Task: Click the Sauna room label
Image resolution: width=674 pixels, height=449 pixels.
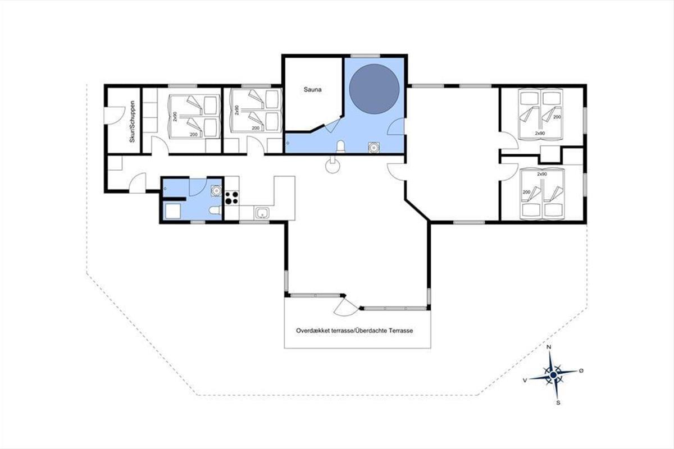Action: (x=312, y=89)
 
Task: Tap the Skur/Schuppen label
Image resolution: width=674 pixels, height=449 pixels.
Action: (x=132, y=121)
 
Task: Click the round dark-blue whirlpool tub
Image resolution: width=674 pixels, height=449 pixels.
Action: (x=374, y=89)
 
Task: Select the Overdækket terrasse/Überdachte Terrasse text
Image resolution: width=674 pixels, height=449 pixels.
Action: (x=354, y=331)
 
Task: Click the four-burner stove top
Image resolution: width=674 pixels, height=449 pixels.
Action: (x=232, y=198)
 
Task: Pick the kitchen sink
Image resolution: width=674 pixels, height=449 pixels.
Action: (x=262, y=213)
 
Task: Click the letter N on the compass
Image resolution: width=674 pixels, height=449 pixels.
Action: (x=549, y=347)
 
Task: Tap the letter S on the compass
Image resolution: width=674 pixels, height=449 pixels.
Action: (x=558, y=402)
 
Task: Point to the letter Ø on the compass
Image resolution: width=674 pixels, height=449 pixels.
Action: (x=581, y=370)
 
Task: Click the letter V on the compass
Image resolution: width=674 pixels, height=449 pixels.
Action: (x=525, y=381)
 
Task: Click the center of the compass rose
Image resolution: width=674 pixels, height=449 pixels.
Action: (x=553, y=375)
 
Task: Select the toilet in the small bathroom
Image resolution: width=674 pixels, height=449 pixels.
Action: (x=215, y=210)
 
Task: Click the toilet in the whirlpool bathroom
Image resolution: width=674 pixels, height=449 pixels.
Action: (x=340, y=146)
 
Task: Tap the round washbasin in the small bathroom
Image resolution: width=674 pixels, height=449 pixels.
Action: (x=216, y=190)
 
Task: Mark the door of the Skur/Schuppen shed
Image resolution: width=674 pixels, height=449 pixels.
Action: (x=115, y=115)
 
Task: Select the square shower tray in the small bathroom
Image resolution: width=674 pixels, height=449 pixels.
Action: (x=173, y=211)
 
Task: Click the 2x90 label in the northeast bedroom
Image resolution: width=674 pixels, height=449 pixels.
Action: (x=540, y=133)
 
